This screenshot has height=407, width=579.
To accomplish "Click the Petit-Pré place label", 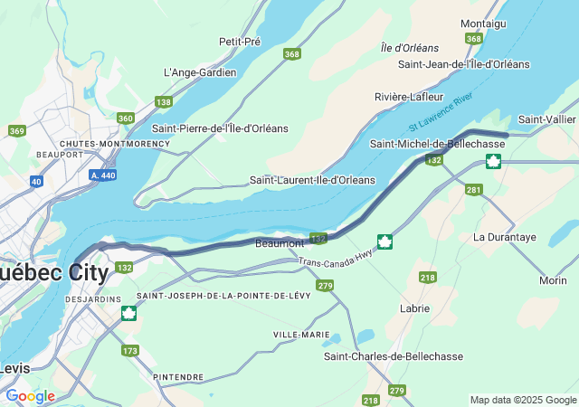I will point(240,42).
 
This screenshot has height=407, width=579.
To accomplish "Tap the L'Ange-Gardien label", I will point(200,72).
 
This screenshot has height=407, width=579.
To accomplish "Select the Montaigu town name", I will point(483,23).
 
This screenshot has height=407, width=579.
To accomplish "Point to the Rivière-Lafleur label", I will point(409,97).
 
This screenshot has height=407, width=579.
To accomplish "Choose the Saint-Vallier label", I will point(546,120).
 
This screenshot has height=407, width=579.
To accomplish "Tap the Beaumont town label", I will point(280,243).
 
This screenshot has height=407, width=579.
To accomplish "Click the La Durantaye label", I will point(505,237).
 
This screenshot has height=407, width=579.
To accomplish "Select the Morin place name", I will point(553,280).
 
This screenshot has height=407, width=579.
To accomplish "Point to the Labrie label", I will point(414,308).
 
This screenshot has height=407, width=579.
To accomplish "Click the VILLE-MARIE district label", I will point(301,335).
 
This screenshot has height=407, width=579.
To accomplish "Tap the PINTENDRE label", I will point(178,376).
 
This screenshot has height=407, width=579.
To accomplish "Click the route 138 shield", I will point(163,102).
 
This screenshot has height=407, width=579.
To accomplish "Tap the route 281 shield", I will point(473,189).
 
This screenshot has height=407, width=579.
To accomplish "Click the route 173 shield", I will point(130,350).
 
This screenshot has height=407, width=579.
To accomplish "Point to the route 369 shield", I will point(16,131).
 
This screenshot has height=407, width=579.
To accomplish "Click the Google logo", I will point(30,396).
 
